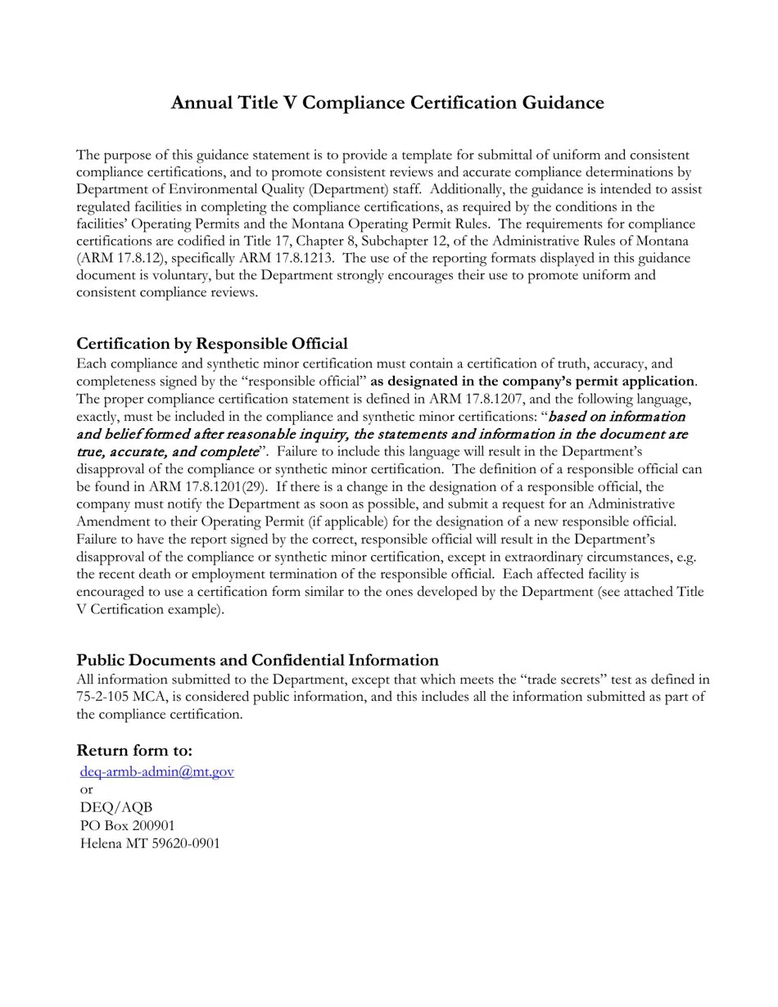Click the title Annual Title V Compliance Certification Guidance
click(387, 102)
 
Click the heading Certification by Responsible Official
click(211, 343)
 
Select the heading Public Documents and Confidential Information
click(257, 660)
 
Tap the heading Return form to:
click(134, 750)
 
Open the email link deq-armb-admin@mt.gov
click(157, 771)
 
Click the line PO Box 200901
click(127, 825)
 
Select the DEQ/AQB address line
click(116, 807)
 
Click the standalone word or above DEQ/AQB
click(86, 789)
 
